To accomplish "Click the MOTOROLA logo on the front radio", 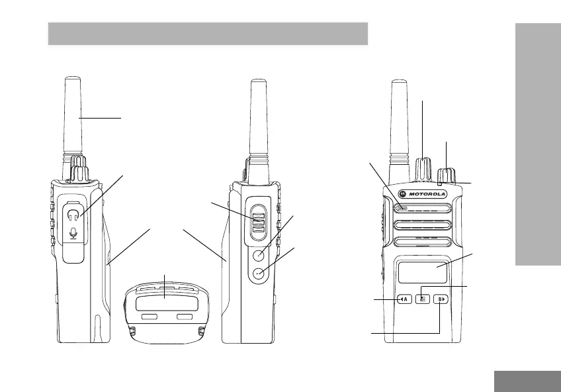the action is coord(423,194).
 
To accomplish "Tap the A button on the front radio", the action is coord(404,299).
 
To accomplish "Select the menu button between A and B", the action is coord(423,299).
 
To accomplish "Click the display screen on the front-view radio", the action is coord(423,272).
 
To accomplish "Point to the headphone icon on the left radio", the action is coord(73,215).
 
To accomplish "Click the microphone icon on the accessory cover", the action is coord(73,233).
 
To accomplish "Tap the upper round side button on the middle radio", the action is coord(259,256).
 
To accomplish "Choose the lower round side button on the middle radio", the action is coord(259,273).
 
